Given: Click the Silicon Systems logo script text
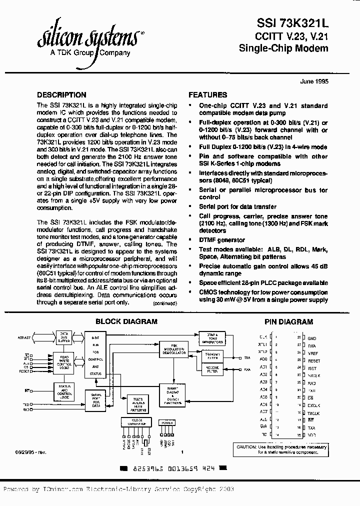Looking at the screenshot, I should pos(90,37).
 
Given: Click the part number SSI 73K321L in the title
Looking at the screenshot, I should pos(292,23).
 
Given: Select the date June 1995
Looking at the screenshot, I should pos(314,81).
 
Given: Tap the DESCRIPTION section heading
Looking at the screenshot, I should pos(62,95).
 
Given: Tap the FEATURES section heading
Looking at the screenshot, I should pos(207,95).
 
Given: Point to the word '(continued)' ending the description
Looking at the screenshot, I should pos(164,303).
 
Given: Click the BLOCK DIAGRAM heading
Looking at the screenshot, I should pos(126,322).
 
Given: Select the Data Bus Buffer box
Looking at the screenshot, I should pos(64,336).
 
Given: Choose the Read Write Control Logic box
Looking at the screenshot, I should pos(64,361).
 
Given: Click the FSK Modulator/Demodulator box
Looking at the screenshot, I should pos(173,349).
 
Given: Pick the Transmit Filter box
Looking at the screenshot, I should pos(212,356).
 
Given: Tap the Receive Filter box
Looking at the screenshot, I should pos(212,370).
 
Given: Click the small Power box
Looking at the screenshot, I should pos(167,422).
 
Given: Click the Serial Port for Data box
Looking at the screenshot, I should pos(96,400).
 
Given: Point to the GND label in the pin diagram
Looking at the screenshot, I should pos(312,338).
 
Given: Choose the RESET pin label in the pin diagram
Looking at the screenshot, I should pos(314,360).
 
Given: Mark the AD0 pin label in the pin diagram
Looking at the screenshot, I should pos(263,359).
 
